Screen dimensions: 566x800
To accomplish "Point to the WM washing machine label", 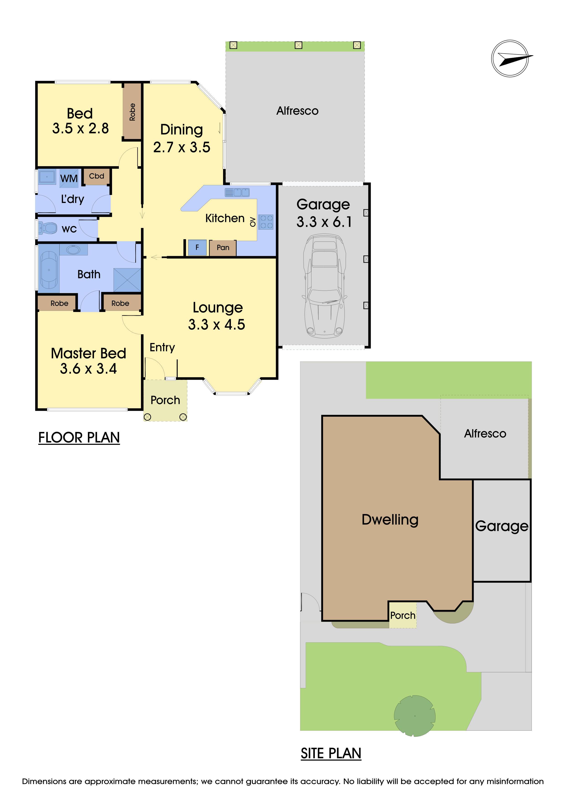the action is tap(69, 178).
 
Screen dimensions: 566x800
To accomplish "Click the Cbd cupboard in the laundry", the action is tap(97, 176).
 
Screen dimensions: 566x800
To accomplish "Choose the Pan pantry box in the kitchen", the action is tap(223, 248).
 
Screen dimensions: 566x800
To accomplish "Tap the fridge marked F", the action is tap(197, 247).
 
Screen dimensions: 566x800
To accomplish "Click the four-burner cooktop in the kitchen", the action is tap(266, 222).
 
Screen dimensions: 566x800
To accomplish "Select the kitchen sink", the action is tap(237, 192).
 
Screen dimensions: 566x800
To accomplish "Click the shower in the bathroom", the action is tap(127, 280).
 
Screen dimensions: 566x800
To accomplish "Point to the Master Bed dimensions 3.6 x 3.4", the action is tap(89, 369).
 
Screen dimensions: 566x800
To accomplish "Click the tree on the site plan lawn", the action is tap(415, 716).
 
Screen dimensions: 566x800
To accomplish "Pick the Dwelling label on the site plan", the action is tap(390, 519).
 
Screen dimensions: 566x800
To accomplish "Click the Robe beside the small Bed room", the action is tap(132, 112).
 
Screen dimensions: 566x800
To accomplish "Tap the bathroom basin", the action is tap(73, 250).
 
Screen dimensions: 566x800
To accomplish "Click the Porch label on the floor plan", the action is tap(165, 400).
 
